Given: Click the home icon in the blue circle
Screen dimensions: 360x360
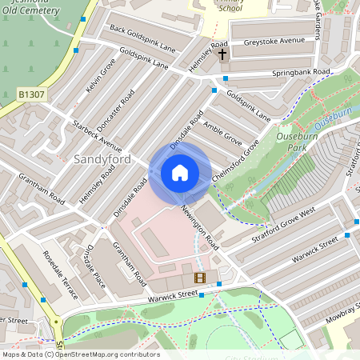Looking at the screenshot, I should click(x=180, y=173).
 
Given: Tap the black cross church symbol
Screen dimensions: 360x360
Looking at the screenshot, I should click(x=222, y=55).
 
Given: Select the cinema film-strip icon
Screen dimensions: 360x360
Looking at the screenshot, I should click(x=199, y=278).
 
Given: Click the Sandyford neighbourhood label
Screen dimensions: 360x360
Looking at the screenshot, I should click(x=102, y=158).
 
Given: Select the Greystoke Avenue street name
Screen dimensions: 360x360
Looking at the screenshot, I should click(x=274, y=40).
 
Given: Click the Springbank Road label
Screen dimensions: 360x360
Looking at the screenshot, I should click(x=301, y=72).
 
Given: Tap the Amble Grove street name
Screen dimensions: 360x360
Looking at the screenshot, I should click(x=222, y=130).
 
